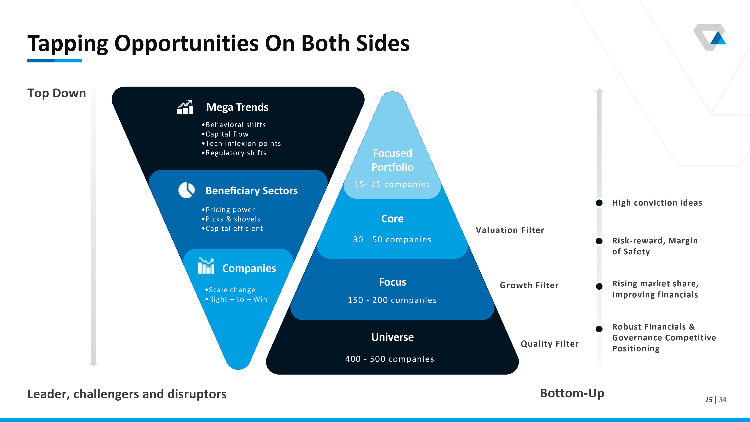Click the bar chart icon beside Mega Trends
(185, 107)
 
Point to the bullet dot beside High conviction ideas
(599, 203)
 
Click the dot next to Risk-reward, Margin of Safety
(599, 241)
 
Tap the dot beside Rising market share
(599, 286)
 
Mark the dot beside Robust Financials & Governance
(599, 329)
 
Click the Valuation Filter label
(510, 230)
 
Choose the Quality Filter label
(550, 344)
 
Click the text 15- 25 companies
(392, 184)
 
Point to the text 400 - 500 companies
(390, 359)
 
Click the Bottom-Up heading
(572, 393)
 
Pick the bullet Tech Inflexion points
(241, 144)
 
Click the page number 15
(709, 400)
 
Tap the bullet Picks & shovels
(231, 219)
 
